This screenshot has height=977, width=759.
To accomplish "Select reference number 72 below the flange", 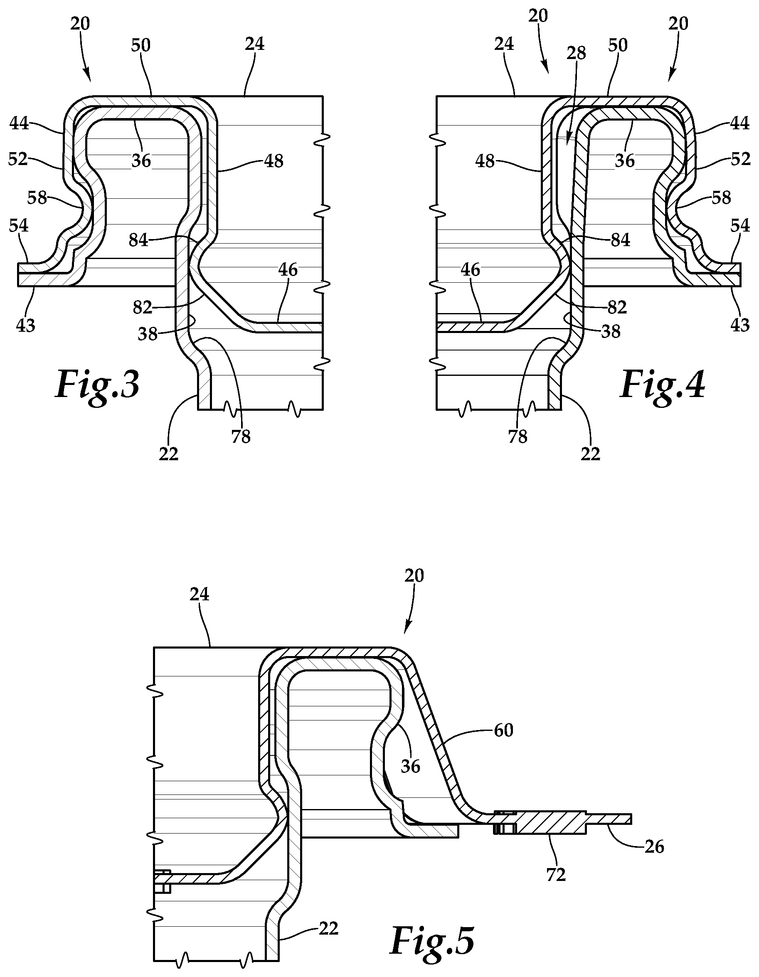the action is [x=556, y=875].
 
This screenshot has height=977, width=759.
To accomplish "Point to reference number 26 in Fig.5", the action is [x=654, y=847].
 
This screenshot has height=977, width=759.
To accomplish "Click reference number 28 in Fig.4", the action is [x=576, y=53].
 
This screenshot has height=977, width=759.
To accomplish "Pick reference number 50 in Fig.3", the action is [x=141, y=45].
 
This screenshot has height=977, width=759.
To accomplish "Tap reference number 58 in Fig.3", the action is [x=37, y=197].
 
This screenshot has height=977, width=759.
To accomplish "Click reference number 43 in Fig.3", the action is [x=25, y=325].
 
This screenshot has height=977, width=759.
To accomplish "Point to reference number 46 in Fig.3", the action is [x=288, y=270].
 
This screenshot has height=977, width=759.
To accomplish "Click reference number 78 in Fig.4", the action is [x=517, y=436].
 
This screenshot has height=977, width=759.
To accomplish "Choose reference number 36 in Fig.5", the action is [x=411, y=766].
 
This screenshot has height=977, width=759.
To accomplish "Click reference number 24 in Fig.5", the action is [x=200, y=594].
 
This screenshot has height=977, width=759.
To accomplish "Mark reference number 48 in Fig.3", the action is [x=274, y=161].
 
